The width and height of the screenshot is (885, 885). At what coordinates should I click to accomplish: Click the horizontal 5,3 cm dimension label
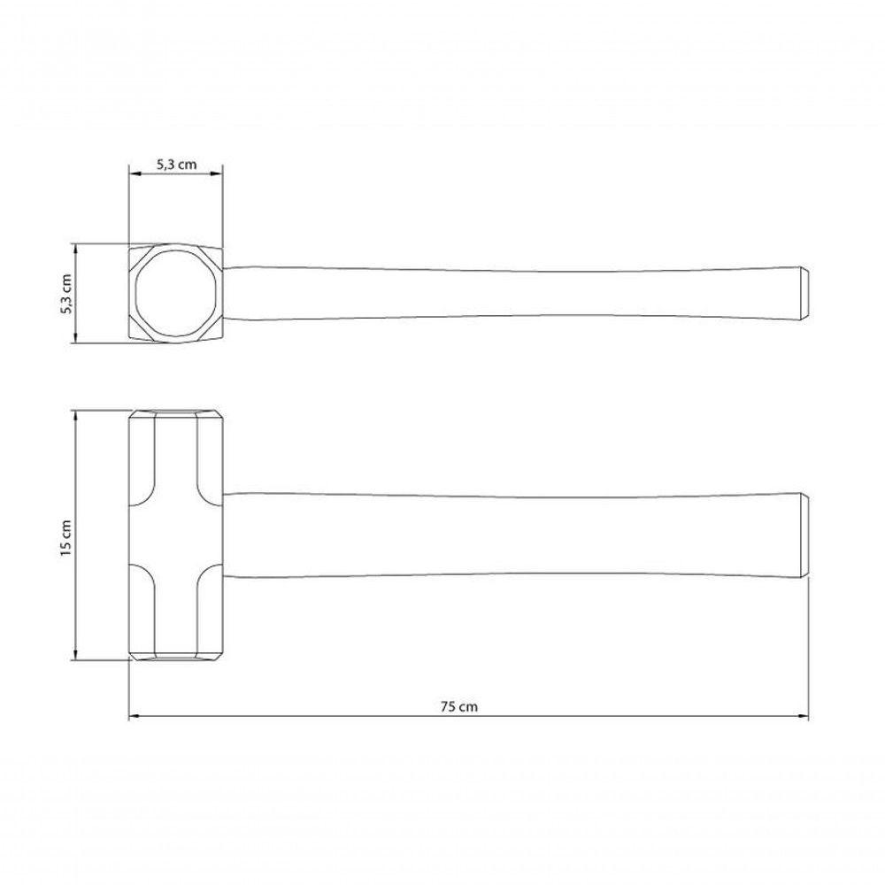point(177,165)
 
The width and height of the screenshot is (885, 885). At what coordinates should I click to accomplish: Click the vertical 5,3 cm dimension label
point(66,294)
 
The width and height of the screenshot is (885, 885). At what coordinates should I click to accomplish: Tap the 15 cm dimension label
point(65,538)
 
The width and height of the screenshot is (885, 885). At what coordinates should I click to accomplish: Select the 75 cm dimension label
point(458,706)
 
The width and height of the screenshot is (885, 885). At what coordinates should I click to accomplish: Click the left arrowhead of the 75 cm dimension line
point(134,717)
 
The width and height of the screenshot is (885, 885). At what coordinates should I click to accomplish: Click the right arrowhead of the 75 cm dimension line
point(804,717)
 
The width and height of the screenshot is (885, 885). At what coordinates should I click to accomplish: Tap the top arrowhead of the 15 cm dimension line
point(75,415)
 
